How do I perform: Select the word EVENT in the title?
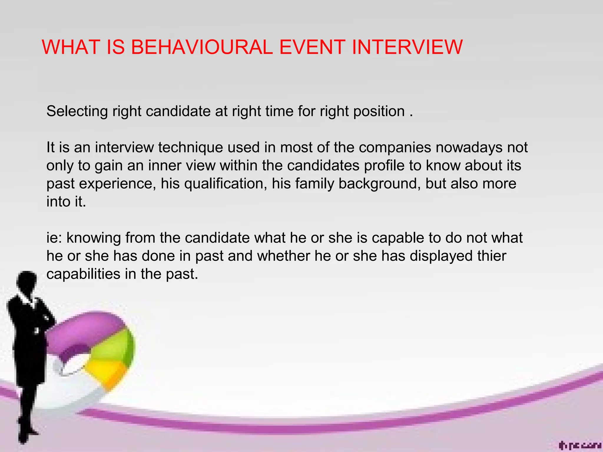click(x=312, y=47)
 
